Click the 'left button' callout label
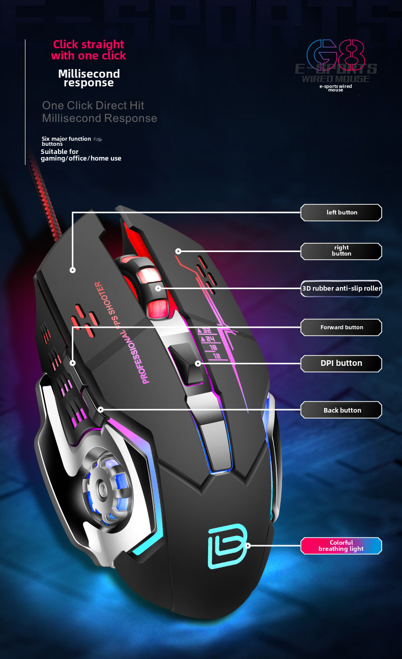click(341, 212)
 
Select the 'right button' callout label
click(341, 250)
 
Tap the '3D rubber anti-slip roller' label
click(341, 289)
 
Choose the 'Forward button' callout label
click(341, 327)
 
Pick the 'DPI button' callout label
click(341, 363)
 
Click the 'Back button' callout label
click(341, 410)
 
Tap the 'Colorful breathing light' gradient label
click(341, 546)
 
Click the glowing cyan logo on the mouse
click(227, 546)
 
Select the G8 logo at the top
click(336, 56)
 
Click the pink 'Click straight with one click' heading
click(89, 50)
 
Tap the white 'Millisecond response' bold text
click(89, 78)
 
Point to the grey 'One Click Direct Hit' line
click(93, 105)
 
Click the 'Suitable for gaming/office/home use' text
click(81, 155)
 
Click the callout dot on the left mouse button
click(73, 270)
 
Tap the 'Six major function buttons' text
click(66, 141)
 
